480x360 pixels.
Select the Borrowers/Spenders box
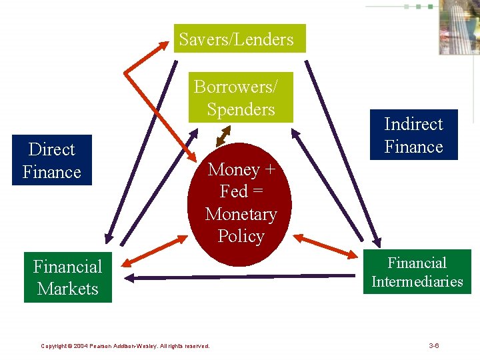point(241,97)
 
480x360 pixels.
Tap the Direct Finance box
point(52,161)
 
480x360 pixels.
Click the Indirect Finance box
point(413,135)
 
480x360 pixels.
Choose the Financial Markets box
point(68,277)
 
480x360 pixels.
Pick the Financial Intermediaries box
point(417,272)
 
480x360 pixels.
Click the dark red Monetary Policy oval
point(241,203)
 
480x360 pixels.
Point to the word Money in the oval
point(233,169)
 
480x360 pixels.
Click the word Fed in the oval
point(233,192)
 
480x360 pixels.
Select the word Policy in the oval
point(241,237)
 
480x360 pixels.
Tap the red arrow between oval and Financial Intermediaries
point(327,245)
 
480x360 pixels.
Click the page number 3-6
point(433,345)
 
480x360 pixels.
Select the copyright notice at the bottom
point(125,346)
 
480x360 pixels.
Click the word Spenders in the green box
point(241,109)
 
